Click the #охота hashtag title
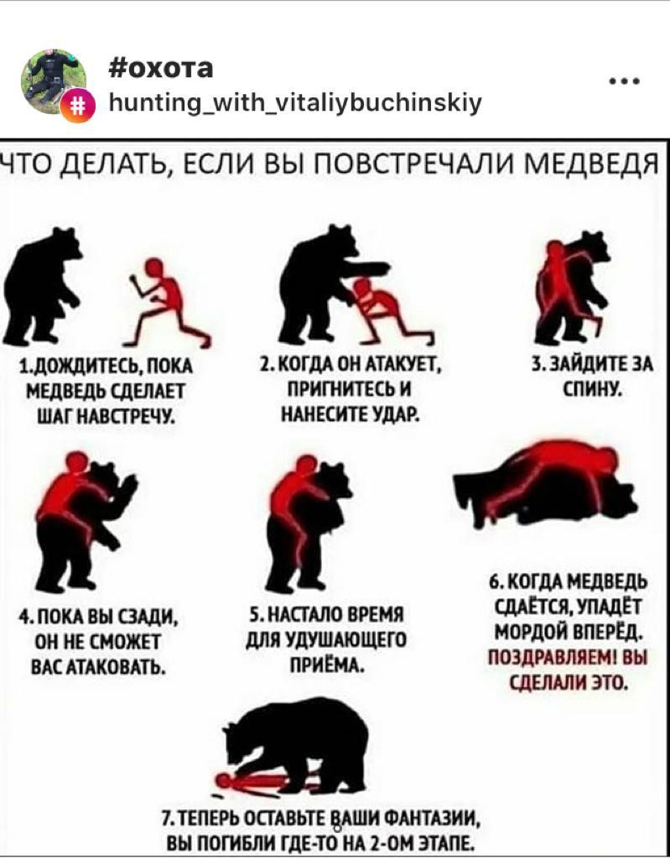pyautogui.click(x=161, y=69)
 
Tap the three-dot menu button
pyautogui.click(x=625, y=83)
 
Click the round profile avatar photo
pyautogui.click(x=54, y=82)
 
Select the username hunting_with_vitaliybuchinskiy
pyautogui.click(x=296, y=102)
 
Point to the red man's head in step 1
pyautogui.click(x=154, y=268)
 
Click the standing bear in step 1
pyautogui.click(x=44, y=285)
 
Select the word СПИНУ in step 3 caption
pyautogui.click(x=593, y=388)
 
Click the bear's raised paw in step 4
pyautogui.click(x=129, y=485)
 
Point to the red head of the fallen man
pyautogui.click(x=223, y=779)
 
